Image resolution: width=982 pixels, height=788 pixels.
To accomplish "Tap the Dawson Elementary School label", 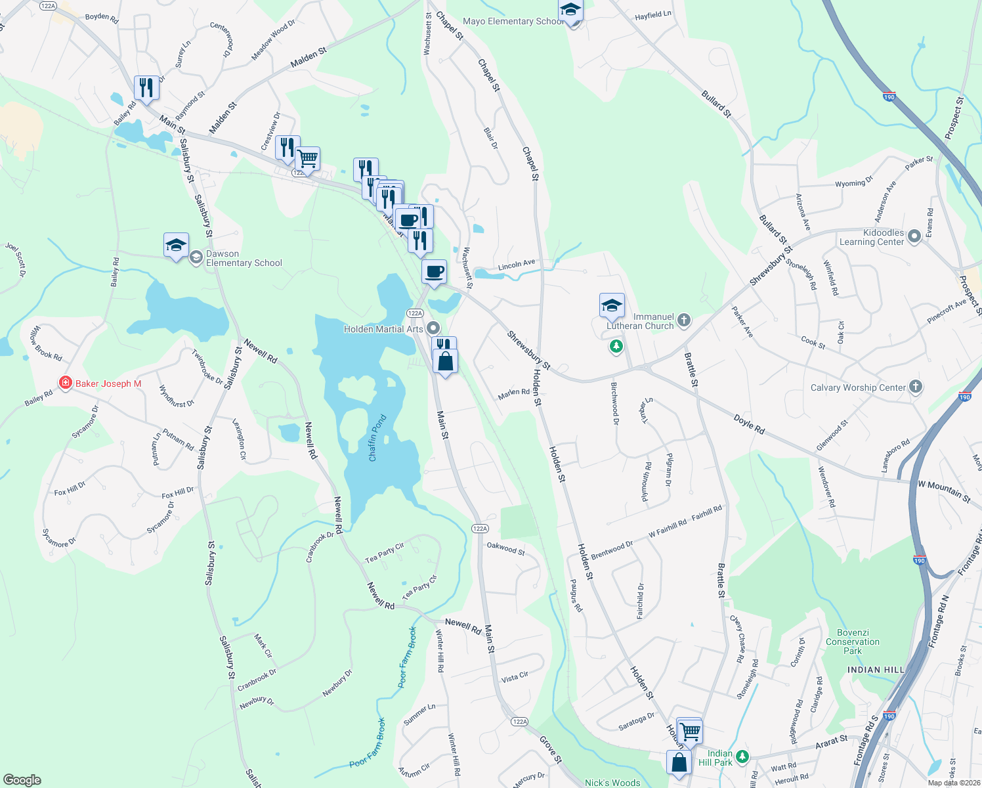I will (244, 258).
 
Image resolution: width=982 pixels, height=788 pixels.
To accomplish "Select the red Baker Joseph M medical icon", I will (65, 383).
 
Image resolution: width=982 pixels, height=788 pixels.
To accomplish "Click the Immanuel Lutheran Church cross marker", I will (684, 320).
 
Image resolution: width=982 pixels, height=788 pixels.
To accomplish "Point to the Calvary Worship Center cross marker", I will (916, 387).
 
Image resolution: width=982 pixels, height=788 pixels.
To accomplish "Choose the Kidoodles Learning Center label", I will (871, 237).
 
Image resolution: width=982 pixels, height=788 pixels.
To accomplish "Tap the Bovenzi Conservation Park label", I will (853, 642).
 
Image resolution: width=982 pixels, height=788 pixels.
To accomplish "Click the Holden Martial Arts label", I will (383, 329).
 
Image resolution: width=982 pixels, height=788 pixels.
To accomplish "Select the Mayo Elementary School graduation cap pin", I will (570, 11).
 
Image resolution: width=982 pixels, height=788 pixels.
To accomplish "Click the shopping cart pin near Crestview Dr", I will (307, 158).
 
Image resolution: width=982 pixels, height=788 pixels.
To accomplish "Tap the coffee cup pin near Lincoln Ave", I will (433, 271).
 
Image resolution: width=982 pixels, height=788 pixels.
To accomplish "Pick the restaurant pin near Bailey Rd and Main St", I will (146, 87).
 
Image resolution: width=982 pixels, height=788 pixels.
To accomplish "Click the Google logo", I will (22, 779).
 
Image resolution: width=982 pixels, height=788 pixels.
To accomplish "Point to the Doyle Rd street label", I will (749, 424).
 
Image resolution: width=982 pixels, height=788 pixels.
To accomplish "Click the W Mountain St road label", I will (943, 491).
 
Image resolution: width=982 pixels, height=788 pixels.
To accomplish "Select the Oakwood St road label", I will (505, 548).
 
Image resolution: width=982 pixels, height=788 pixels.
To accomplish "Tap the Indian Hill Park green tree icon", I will (742, 756).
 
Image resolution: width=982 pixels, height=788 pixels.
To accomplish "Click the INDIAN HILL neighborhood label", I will (876, 670).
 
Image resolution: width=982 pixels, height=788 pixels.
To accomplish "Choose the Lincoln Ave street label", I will (517, 265).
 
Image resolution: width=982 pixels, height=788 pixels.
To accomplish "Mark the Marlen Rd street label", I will (513, 393).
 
